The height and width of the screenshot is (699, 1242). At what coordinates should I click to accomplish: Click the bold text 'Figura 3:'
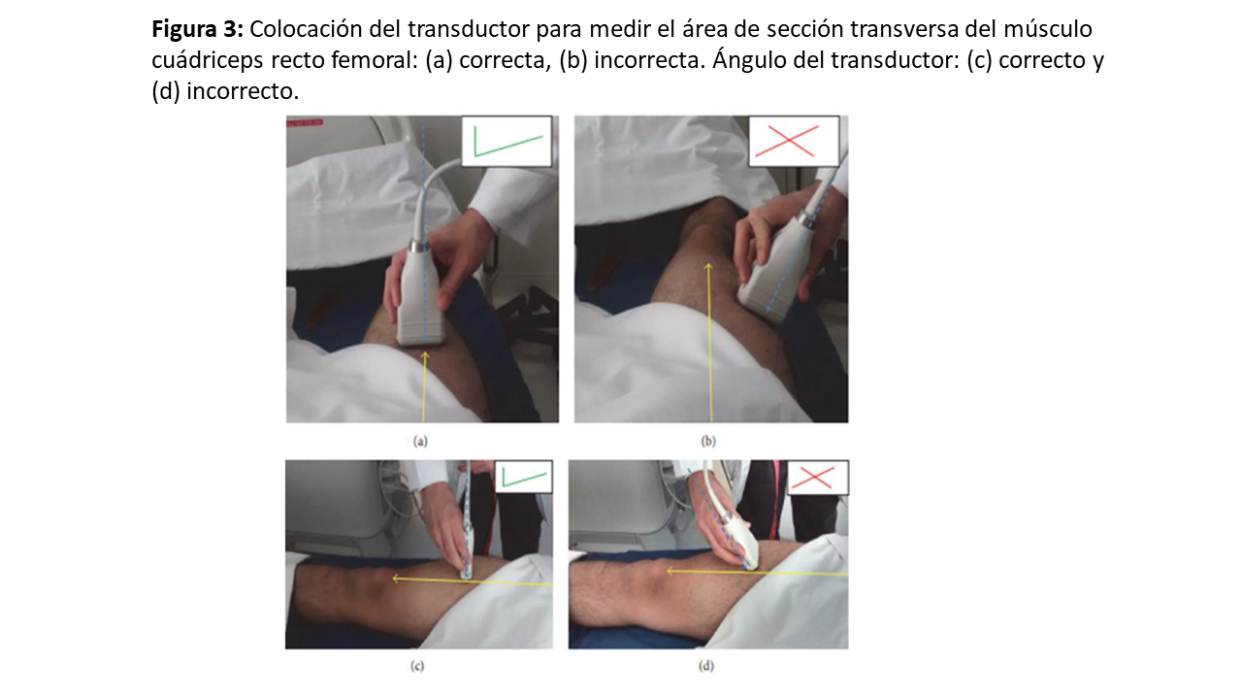(x=197, y=29)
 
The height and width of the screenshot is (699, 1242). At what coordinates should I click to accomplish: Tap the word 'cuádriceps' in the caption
(x=208, y=61)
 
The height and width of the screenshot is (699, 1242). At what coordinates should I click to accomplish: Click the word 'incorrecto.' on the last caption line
(x=243, y=91)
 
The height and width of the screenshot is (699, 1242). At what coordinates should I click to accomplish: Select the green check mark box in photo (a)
(x=507, y=142)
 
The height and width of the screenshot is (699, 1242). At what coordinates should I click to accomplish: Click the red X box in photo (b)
(x=794, y=142)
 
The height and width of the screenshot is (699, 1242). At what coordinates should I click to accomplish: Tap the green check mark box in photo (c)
(x=523, y=477)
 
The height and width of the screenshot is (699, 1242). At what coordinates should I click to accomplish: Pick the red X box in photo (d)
(x=817, y=477)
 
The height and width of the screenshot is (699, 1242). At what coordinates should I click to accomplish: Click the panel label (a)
(x=420, y=442)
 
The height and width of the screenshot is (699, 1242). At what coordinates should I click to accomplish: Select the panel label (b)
(x=708, y=442)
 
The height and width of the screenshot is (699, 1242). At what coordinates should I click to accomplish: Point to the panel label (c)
(x=417, y=666)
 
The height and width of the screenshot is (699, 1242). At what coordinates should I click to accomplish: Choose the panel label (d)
(x=705, y=666)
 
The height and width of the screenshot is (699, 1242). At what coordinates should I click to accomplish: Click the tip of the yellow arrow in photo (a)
(x=425, y=351)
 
